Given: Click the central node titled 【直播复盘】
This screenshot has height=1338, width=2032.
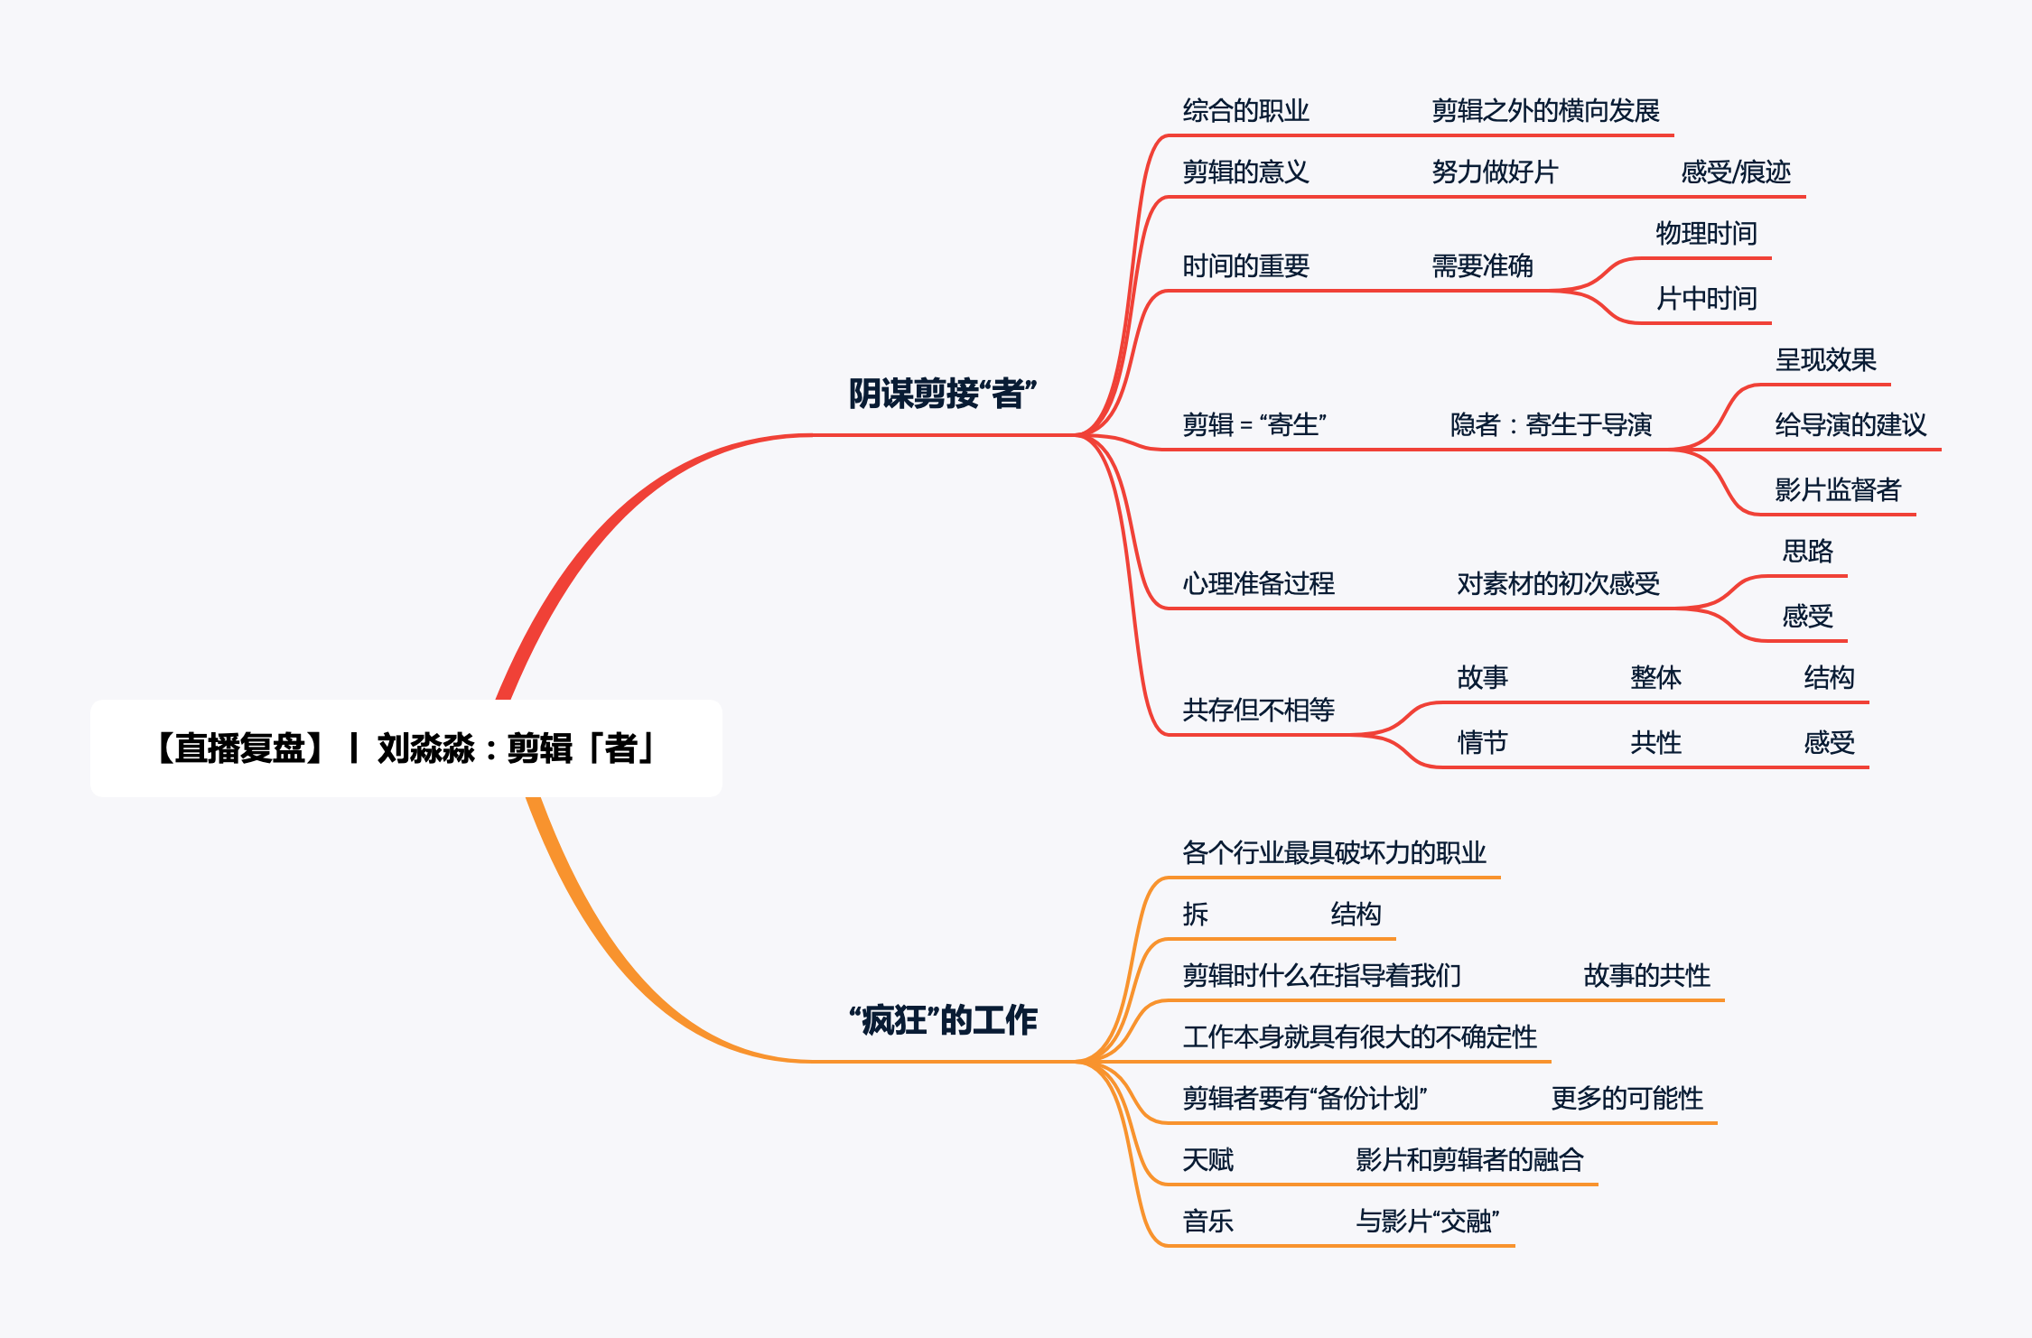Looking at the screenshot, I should [405, 748].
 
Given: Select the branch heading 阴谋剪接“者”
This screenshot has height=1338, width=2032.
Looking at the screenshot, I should [942, 394].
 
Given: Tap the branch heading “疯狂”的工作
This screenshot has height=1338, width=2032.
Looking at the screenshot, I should [942, 1020].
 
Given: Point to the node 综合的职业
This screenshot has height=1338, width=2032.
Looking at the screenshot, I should [1245, 111].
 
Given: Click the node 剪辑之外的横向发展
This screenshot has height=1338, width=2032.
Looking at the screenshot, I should [1545, 111].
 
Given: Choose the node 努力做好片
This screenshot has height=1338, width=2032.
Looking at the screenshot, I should [1495, 172].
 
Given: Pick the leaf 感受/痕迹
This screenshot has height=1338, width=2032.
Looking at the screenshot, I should [1735, 172].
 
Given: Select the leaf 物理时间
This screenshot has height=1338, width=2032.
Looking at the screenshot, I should [1706, 234].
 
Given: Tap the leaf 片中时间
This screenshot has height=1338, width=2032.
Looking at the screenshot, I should [1706, 299].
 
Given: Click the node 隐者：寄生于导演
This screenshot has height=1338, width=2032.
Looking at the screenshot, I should [1551, 424].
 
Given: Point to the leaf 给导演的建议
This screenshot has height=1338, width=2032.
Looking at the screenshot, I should [1850, 424].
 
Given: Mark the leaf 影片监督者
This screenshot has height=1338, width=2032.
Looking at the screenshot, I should [1837, 489].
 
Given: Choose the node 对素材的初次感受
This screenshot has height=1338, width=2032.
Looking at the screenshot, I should [1558, 584].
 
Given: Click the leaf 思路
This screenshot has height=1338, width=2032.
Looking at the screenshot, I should [1807, 551].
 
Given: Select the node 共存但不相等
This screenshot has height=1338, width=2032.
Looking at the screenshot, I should [1258, 711].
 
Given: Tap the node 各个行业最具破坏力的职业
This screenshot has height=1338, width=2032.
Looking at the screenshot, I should [1334, 853].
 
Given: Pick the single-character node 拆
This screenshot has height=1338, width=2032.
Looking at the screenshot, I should [1195, 915].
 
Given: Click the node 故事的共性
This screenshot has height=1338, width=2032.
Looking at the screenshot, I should [1646, 976].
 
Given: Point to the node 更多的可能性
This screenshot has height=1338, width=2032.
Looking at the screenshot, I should [1627, 1099].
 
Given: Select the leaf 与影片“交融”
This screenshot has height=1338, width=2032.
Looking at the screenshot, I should [1427, 1222].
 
